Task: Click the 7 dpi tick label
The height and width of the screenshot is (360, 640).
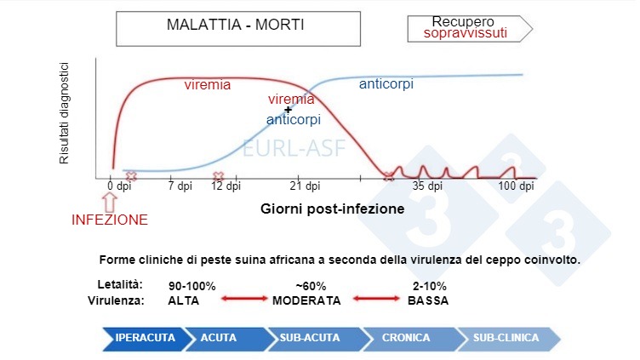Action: coord(180,186)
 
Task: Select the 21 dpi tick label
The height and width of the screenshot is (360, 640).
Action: coord(305,186)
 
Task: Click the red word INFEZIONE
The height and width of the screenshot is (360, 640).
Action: coord(109,220)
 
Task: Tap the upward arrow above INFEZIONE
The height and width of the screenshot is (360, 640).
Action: coord(109,201)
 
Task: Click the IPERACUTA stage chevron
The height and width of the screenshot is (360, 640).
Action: coord(142,338)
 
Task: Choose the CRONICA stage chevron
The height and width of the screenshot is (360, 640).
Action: coord(405,338)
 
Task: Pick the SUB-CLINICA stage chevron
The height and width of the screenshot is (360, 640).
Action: coord(506,338)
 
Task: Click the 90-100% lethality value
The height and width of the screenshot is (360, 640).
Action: coord(192,286)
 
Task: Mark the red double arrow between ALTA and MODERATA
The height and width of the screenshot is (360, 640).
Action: coord(244,300)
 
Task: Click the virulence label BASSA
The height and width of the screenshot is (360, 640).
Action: coord(428,300)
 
